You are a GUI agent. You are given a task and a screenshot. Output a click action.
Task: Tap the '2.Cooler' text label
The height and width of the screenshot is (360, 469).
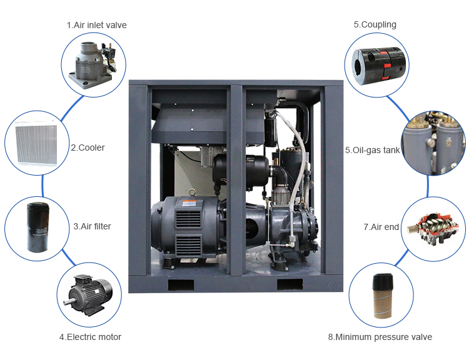pyautogui.click(x=88, y=148)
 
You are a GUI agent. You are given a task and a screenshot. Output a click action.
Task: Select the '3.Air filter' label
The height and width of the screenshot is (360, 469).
pyautogui.click(x=92, y=226)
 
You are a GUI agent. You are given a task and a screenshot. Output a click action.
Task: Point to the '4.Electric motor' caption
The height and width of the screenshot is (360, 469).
pyautogui.click(x=90, y=337)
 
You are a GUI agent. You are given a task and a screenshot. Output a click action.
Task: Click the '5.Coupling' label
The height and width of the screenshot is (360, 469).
pyautogui.click(x=375, y=25)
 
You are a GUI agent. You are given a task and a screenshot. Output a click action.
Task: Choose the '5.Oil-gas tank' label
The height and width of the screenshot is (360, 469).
pyautogui.click(x=372, y=150)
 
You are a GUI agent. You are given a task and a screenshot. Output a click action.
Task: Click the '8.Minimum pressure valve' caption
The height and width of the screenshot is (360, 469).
pyautogui.click(x=380, y=337)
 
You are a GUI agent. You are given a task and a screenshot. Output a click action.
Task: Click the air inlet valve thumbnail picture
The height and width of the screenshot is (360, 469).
pyautogui.click(x=94, y=61)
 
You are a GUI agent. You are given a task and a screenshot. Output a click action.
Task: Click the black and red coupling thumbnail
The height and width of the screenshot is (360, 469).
pyautogui.click(x=375, y=63)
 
